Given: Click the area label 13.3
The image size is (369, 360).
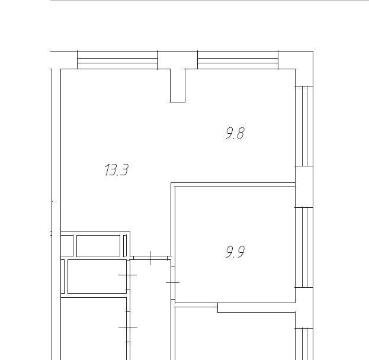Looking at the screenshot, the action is pos(117,170).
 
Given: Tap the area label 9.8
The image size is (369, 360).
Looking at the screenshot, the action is pos(235,133).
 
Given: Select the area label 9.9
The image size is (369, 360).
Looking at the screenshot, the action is pos(235,252).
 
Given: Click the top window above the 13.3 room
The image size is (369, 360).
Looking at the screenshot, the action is pos(117,60).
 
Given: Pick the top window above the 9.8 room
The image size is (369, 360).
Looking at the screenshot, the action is pos(238,60).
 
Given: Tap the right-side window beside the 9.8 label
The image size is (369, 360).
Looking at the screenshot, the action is pos(304,126).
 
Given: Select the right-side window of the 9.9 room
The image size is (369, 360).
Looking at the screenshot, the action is pos(304,247).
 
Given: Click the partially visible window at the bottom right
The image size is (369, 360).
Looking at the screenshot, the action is pos(304,344).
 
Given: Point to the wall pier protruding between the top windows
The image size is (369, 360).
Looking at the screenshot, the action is pos(178,85).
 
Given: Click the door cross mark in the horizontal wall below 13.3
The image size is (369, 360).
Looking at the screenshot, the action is pos(150,258).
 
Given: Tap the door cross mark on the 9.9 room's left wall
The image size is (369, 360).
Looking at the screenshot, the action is pos(173,282).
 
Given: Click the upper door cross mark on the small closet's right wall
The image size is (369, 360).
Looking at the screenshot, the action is pos(128,275).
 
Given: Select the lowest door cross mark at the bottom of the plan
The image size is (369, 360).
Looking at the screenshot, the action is pos(128,327).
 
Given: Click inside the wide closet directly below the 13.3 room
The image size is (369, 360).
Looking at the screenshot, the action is pos(98,245).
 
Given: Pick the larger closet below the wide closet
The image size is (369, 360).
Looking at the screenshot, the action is pos(97,277).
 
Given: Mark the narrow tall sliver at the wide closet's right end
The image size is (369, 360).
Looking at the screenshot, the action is pos(125,245).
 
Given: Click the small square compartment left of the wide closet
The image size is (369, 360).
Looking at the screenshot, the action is pos(67,245).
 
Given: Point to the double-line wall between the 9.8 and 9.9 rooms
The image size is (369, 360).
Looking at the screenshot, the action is pos(233,185).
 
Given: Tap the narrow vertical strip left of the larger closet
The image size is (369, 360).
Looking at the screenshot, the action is pos(63,277).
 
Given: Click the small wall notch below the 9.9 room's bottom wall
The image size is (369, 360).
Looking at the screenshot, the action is pos(256,307).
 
